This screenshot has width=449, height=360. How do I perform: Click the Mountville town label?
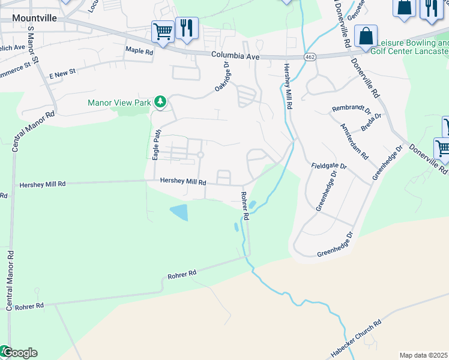click(x=35, y=18)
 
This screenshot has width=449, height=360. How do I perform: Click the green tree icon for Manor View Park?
click(x=160, y=102)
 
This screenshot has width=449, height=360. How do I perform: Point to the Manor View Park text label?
click(x=119, y=103)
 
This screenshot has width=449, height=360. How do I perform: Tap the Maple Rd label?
click(x=139, y=51)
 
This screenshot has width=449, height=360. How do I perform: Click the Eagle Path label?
click(x=156, y=145)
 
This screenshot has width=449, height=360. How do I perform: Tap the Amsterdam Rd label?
click(x=354, y=141)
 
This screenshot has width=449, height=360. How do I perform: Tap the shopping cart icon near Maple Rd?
click(x=163, y=32)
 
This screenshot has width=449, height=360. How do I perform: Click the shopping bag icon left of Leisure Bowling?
click(x=366, y=36)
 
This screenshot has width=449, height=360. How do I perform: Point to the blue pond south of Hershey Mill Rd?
click(x=179, y=212)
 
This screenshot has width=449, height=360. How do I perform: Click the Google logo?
click(x=19, y=353)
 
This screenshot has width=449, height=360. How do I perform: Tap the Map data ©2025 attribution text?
click(x=424, y=355)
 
